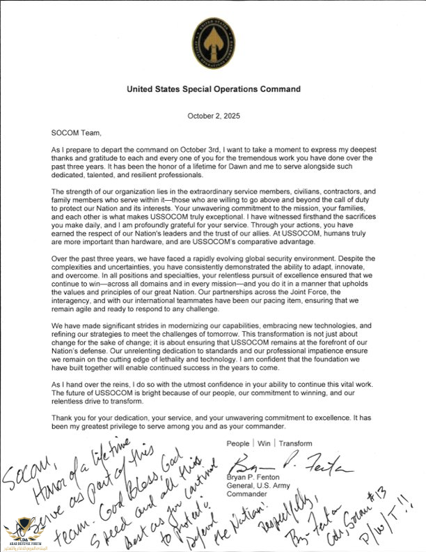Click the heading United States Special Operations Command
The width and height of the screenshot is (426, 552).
pos(214,90)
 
